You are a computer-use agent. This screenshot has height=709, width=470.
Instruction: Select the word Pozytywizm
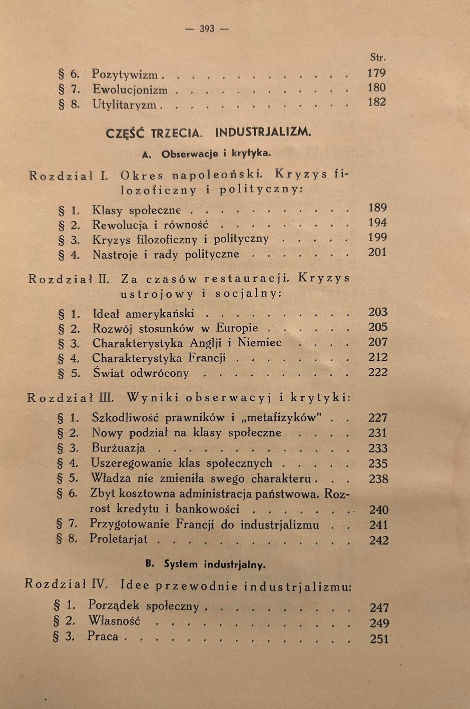125,74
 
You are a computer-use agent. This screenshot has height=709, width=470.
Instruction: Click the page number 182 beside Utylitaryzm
377,102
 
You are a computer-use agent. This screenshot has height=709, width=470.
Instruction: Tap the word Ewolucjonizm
130,90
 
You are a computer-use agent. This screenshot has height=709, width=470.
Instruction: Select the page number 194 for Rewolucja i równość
377,223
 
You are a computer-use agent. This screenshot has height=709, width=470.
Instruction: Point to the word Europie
237,328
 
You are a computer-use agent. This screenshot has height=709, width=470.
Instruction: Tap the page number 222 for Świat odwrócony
378,373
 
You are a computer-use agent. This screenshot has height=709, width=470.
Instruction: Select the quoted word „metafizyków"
282,418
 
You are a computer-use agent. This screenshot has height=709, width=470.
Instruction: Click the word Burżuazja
118,448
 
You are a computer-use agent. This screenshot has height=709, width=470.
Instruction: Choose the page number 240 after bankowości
379,510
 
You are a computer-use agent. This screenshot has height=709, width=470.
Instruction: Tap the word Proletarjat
119,539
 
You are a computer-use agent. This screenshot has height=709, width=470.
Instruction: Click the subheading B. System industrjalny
206,565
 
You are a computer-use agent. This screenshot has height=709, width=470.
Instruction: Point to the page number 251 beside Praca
379,639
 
